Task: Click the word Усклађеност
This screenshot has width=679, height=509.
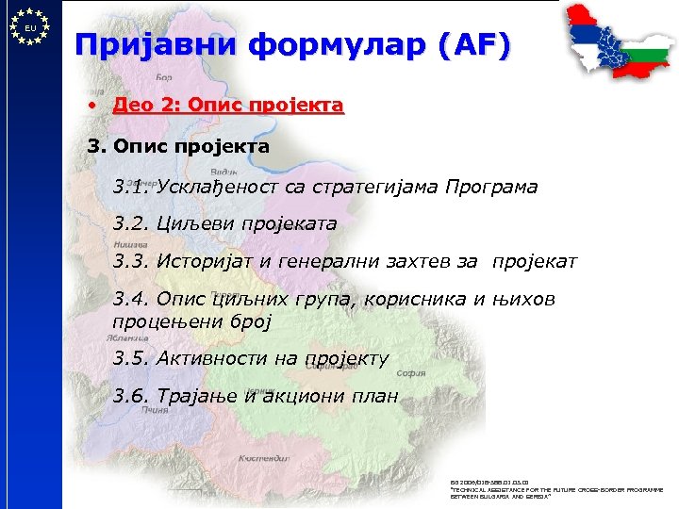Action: pos(210,187)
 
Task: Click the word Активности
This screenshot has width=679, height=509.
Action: pos(215,358)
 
